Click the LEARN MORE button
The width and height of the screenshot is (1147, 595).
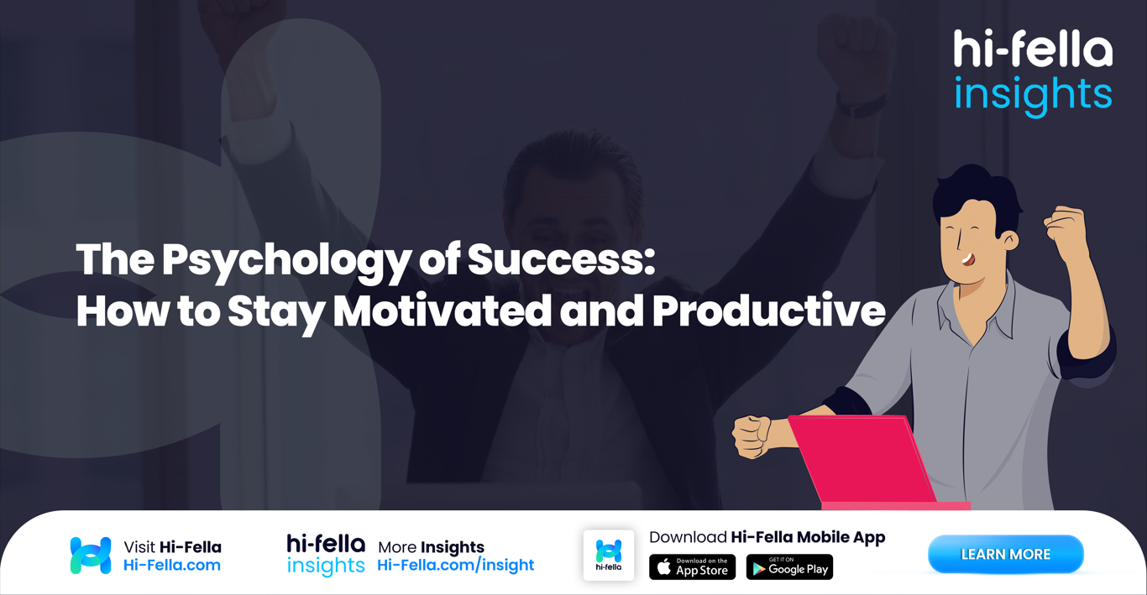pyautogui.click(x=1005, y=554)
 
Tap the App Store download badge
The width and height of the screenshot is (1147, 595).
pyautogui.click(x=692, y=567)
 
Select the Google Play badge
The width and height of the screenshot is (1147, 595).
pyautogui.click(x=789, y=567)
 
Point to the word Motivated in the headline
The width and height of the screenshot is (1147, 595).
pyautogui.click(x=442, y=311)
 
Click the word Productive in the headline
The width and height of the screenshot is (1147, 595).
pyautogui.click(x=767, y=311)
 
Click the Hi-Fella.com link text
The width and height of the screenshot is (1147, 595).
pyautogui.click(x=172, y=566)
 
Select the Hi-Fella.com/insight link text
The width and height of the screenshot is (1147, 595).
pyautogui.click(x=455, y=566)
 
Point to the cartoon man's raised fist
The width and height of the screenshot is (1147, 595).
pyautogui.click(x=1065, y=229)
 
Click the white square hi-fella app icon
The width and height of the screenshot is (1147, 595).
pyautogui.click(x=609, y=555)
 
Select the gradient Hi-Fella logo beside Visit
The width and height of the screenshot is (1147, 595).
pyautogui.click(x=91, y=556)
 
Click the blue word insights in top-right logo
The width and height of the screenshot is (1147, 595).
pyautogui.click(x=1033, y=94)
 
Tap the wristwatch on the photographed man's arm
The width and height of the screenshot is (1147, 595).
pyautogui.click(x=861, y=106)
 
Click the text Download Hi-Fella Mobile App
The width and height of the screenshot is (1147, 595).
pyautogui.click(x=767, y=537)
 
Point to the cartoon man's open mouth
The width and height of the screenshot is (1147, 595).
pyautogui.click(x=968, y=259)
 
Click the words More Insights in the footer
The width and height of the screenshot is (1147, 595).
pyautogui.click(x=431, y=547)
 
